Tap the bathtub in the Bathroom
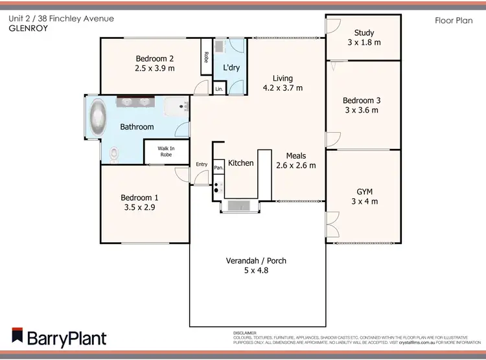(x=97, y=118)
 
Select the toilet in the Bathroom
(x=115, y=154)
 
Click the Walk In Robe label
(x=165, y=152)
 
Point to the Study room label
(x=364, y=33)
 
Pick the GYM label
(x=364, y=192)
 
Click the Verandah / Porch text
(x=256, y=261)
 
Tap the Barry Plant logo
(x=58, y=338)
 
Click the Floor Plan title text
(x=452, y=20)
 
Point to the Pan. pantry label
(x=219, y=168)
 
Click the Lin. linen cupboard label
(x=219, y=89)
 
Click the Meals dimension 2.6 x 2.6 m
(x=296, y=165)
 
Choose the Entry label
(x=202, y=164)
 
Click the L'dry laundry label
(x=231, y=67)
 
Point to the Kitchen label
(x=240, y=163)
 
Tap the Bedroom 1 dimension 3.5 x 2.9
(x=139, y=208)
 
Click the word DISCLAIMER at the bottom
(x=245, y=332)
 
